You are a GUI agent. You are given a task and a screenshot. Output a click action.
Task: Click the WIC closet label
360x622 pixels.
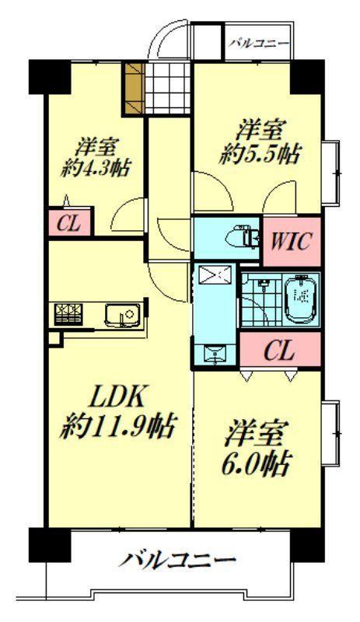(x=292, y=242)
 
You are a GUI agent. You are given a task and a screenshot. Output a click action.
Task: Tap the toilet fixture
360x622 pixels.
(x=241, y=237)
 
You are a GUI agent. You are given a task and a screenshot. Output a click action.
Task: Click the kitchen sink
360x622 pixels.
(x=124, y=316)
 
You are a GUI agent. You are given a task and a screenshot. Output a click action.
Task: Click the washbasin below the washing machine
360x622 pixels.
(x=215, y=354)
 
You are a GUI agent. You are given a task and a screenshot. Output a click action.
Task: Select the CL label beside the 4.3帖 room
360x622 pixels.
(x=69, y=225)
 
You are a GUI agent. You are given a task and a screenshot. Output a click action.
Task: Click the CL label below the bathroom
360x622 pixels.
(x=279, y=351)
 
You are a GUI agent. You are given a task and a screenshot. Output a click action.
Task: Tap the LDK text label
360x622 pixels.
(x=117, y=397)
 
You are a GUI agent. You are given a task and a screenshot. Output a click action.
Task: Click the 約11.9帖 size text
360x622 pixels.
(x=117, y=425)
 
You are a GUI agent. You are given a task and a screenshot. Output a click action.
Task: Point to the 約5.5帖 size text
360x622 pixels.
(x=260, y=155)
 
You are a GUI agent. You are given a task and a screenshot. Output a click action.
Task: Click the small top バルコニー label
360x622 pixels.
(x=259, y=43)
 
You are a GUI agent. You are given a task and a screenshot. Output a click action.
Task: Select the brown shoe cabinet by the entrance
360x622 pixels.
(x=133, y=87)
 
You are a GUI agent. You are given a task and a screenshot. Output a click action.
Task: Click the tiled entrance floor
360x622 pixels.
(x=167, y=88)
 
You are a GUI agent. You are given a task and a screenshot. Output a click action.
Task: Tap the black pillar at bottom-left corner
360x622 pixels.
(x=50, y=544)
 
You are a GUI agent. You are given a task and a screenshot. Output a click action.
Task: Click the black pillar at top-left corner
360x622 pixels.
(x=50, y=76)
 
